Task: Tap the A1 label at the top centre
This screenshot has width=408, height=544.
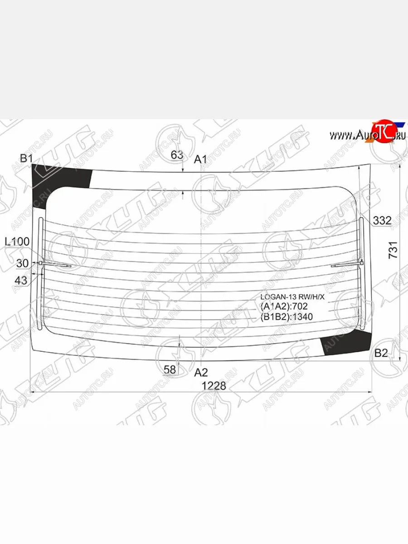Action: [x=200, y=159]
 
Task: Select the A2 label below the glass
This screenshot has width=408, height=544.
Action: [x=201, y=373]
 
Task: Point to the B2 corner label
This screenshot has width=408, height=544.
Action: [x=381, y=354]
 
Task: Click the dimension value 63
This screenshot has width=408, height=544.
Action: [x=177, y=155]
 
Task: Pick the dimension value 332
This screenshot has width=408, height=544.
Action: [x=382, y=221]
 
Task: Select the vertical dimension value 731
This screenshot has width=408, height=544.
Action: [x=394, y=250]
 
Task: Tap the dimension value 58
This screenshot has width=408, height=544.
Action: [x=170, y=369]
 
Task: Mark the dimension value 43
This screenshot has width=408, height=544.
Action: [x=21, y=281]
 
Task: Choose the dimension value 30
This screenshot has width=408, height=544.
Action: [x=22, y=263]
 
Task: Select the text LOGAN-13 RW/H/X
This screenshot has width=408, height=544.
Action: [x=292, y=297]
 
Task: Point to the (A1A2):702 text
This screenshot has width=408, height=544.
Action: [x=284, y=306]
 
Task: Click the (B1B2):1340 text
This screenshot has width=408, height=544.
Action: [x=287, y=316]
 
